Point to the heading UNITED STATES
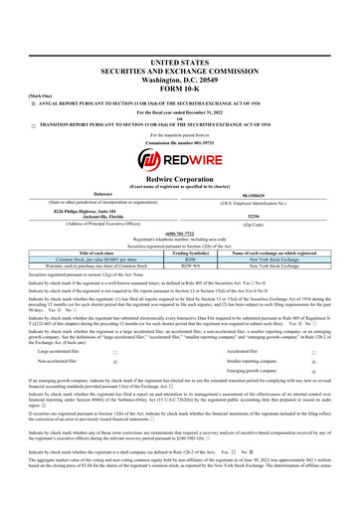[180, 34]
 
